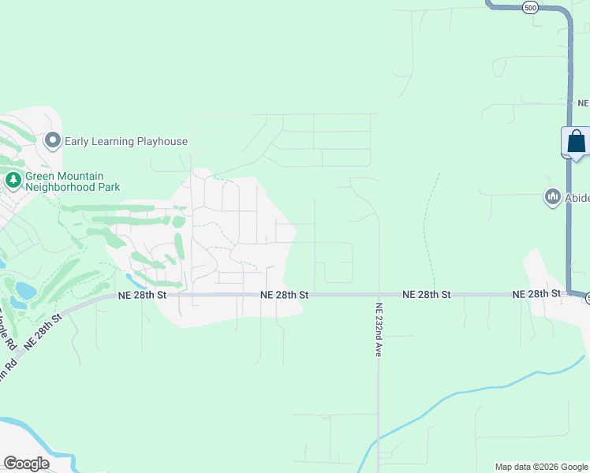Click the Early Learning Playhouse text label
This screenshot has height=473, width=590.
click(126, 142)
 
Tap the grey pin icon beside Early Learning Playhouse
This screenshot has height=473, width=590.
click(53, 141)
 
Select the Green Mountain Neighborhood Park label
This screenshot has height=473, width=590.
click(73, 182)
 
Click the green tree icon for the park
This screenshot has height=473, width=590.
click(13, 181)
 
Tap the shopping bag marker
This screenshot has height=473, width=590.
click(577, 142)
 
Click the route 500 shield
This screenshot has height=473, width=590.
click(530, 7)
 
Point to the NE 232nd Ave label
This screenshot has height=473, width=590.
click(379, 330)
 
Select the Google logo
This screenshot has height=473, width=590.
click(26, 463)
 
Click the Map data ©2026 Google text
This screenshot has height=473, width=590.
click(540, 467)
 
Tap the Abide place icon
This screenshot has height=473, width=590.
click(552, 197)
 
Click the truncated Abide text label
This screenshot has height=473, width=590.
click(577, 198)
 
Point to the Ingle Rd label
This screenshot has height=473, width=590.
click(8, 332)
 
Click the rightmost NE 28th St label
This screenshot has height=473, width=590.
click(536, 294)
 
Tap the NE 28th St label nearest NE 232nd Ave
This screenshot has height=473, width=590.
click(426, 294)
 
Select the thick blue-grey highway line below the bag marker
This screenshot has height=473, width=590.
click(568, 229)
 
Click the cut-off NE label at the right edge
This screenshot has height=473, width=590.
click(583, 103)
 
